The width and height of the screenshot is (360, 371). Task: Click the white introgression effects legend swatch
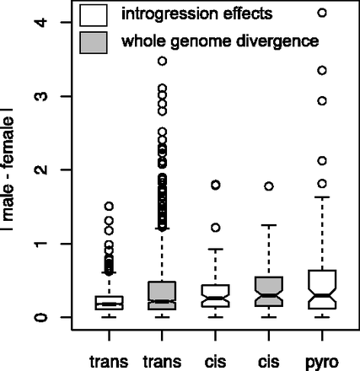pos(94,13)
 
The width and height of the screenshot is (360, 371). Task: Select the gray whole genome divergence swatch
pos(94,41)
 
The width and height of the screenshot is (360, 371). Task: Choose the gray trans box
pos(161,296)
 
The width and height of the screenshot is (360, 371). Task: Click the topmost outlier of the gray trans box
pos(161,61)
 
